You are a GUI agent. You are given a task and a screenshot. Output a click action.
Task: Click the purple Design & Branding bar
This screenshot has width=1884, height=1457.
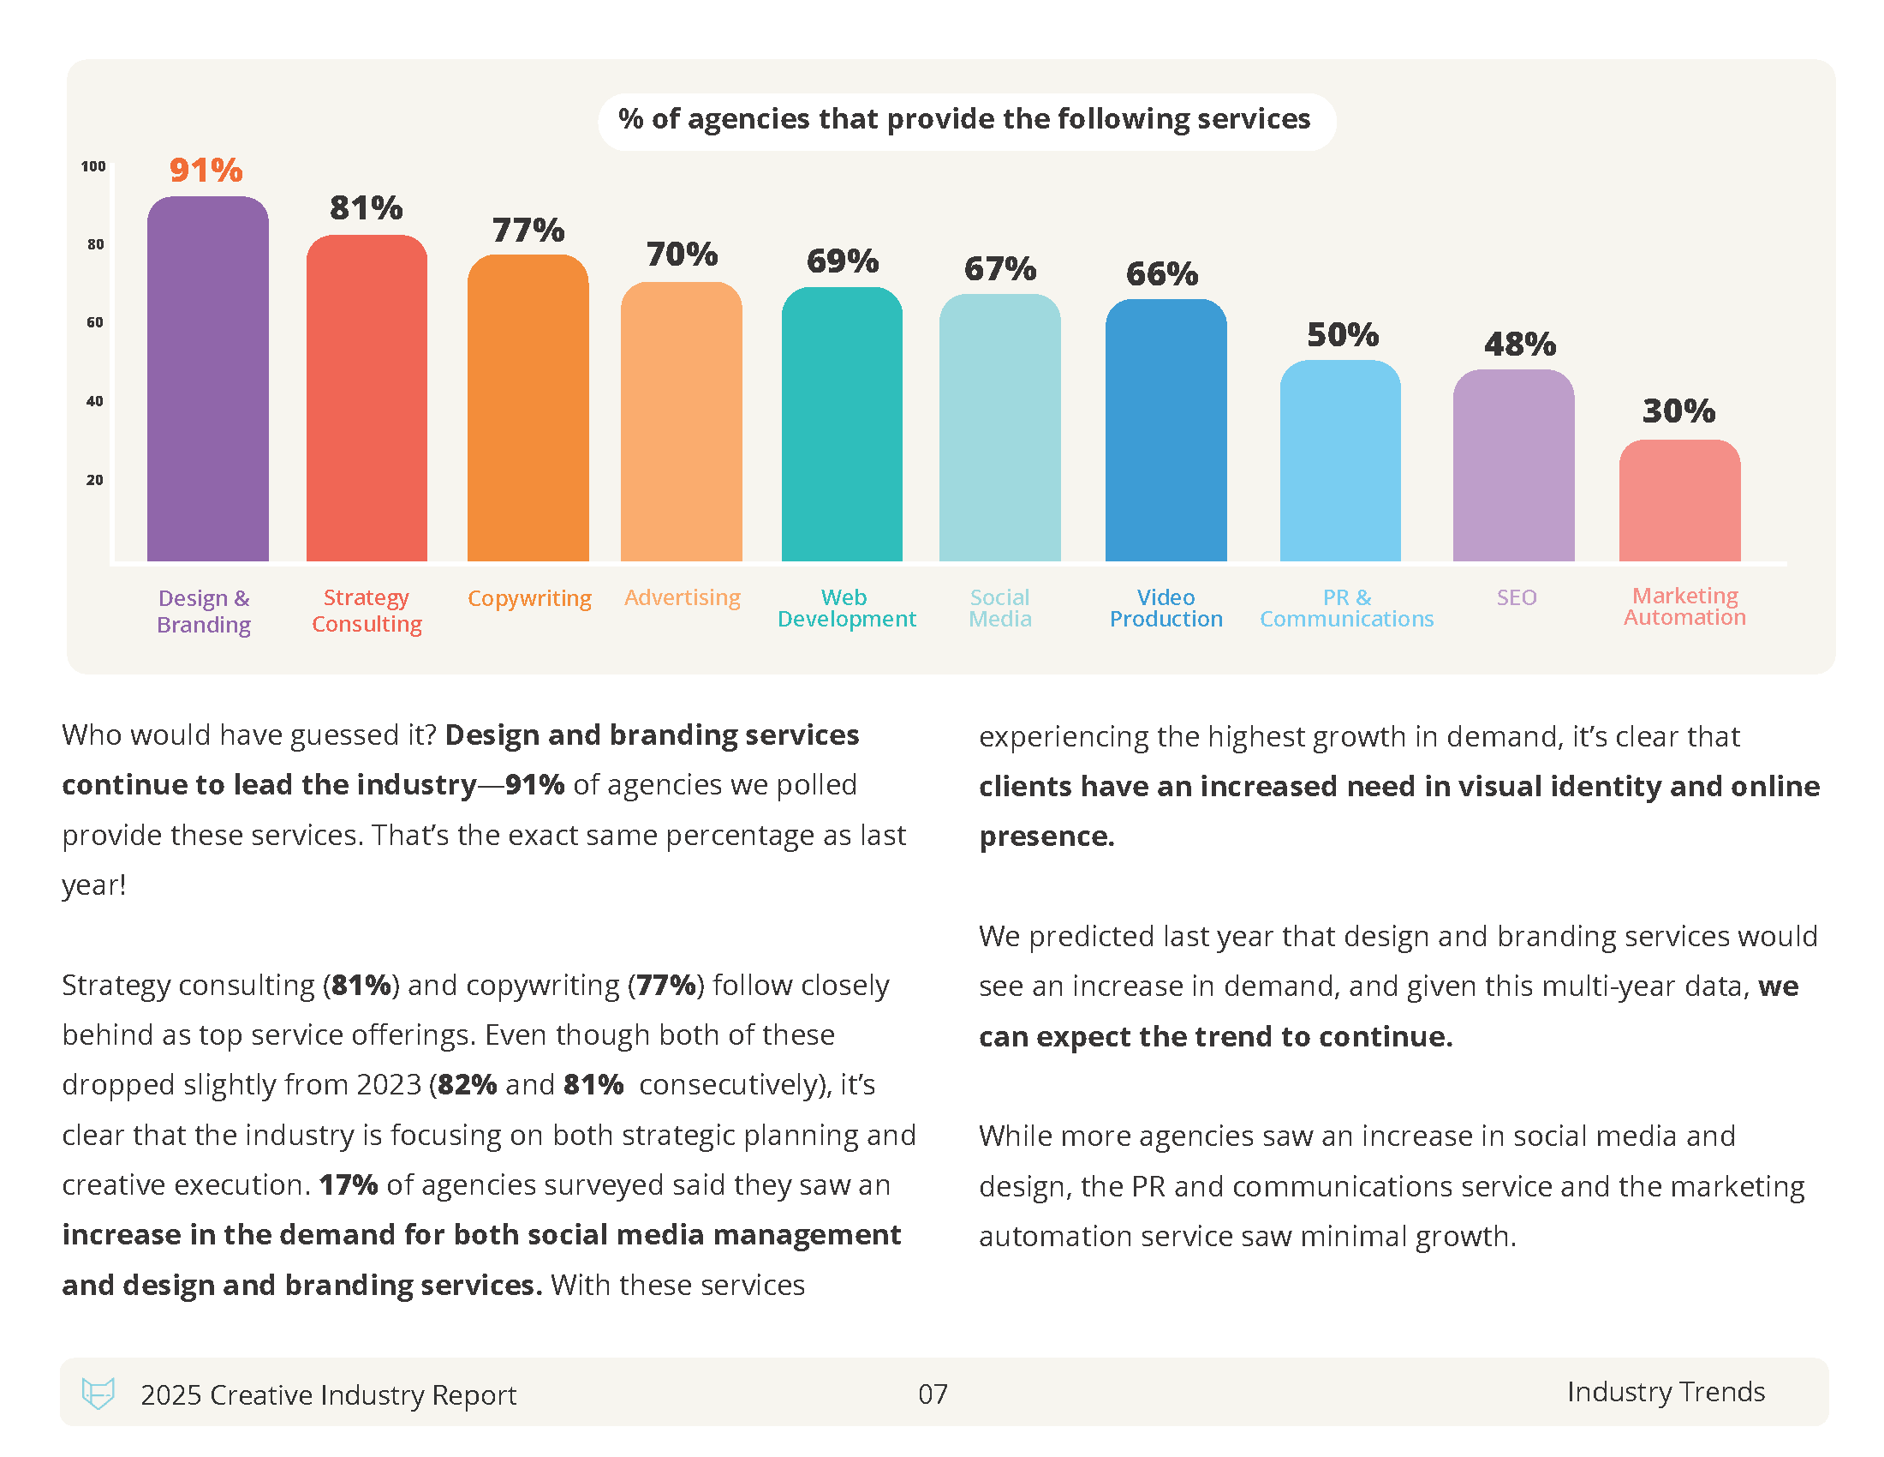pos(207,379)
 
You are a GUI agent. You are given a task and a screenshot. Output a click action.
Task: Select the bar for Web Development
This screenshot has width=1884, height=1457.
pos(842,424)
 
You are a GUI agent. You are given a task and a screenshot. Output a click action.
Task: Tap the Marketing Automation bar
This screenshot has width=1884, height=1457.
pos(1678,501)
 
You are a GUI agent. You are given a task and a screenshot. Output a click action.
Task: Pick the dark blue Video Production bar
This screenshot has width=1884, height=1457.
pos(1166,431)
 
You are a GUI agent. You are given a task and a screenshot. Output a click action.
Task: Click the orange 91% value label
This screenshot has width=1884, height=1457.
pos(206,170)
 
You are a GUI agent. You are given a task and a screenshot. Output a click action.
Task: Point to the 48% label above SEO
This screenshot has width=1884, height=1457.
pos(1519,345)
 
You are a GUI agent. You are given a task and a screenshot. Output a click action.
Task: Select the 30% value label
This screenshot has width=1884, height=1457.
pos(1678,411)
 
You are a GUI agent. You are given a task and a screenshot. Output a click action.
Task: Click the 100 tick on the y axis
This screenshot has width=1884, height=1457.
pos(93,166)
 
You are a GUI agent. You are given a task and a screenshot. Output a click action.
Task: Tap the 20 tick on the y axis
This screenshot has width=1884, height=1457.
pos(95,480)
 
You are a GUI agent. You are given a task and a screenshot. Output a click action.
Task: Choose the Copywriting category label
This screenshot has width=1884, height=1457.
pos(528,598)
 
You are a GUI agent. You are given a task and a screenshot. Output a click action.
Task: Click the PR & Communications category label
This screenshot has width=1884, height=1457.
pos(1345,608)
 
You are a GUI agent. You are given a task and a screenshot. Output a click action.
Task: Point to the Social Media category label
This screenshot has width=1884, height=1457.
pos(999,608)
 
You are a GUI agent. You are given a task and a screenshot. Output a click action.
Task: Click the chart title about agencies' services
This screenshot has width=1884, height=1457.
pos(964,119)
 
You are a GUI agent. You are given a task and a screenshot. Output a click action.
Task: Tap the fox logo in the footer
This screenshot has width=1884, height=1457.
pos(98,1393)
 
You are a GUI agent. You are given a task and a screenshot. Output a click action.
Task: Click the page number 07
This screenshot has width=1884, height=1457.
pos(933,1394)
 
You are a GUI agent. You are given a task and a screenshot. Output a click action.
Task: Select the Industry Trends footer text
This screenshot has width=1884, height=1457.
pos(1665,1391)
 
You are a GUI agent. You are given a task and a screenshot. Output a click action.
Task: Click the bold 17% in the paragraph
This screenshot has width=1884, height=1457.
pos(348,1184)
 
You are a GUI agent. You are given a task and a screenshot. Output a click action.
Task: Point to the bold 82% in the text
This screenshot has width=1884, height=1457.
pos(467,1084)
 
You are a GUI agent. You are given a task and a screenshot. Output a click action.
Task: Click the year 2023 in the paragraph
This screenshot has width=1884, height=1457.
pos(388,1084)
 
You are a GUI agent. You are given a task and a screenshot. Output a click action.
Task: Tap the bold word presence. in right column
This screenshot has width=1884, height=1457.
pos(1046,836)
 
